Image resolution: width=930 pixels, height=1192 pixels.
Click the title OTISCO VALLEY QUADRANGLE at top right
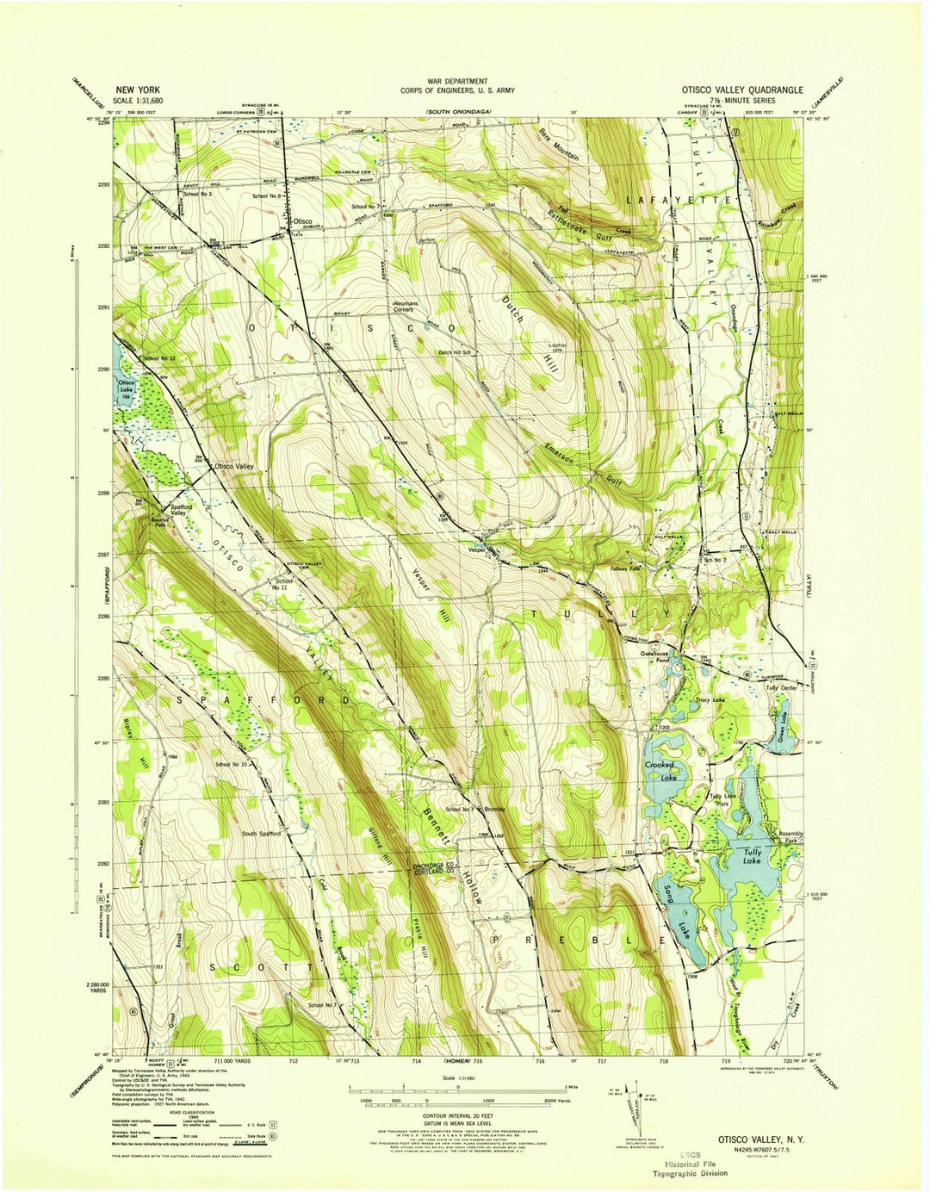coord(742,90)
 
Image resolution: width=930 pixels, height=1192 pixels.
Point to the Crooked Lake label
coord(660,771)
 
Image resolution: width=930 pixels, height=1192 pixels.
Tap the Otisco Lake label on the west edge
coord(127,385)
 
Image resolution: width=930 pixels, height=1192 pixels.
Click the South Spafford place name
coord(261,834)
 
